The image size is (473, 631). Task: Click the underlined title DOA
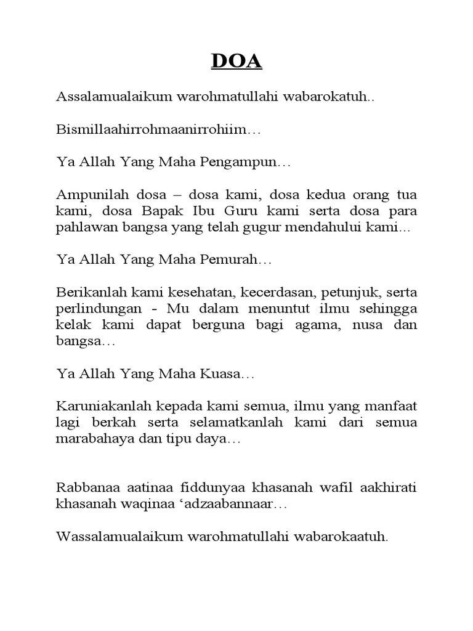[x=237, y=62]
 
